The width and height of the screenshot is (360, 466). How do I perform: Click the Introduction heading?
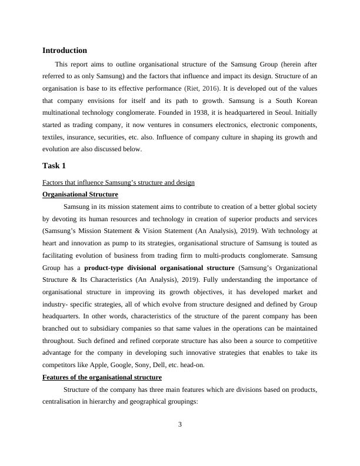tap(65, 51)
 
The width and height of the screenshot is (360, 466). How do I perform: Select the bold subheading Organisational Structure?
tap(80, 194)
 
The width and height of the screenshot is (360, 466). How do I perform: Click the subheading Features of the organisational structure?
tap(102, 377)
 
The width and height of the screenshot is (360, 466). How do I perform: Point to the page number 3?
tap(181, 425)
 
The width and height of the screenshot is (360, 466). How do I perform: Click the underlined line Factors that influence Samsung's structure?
tap(118, 182)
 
